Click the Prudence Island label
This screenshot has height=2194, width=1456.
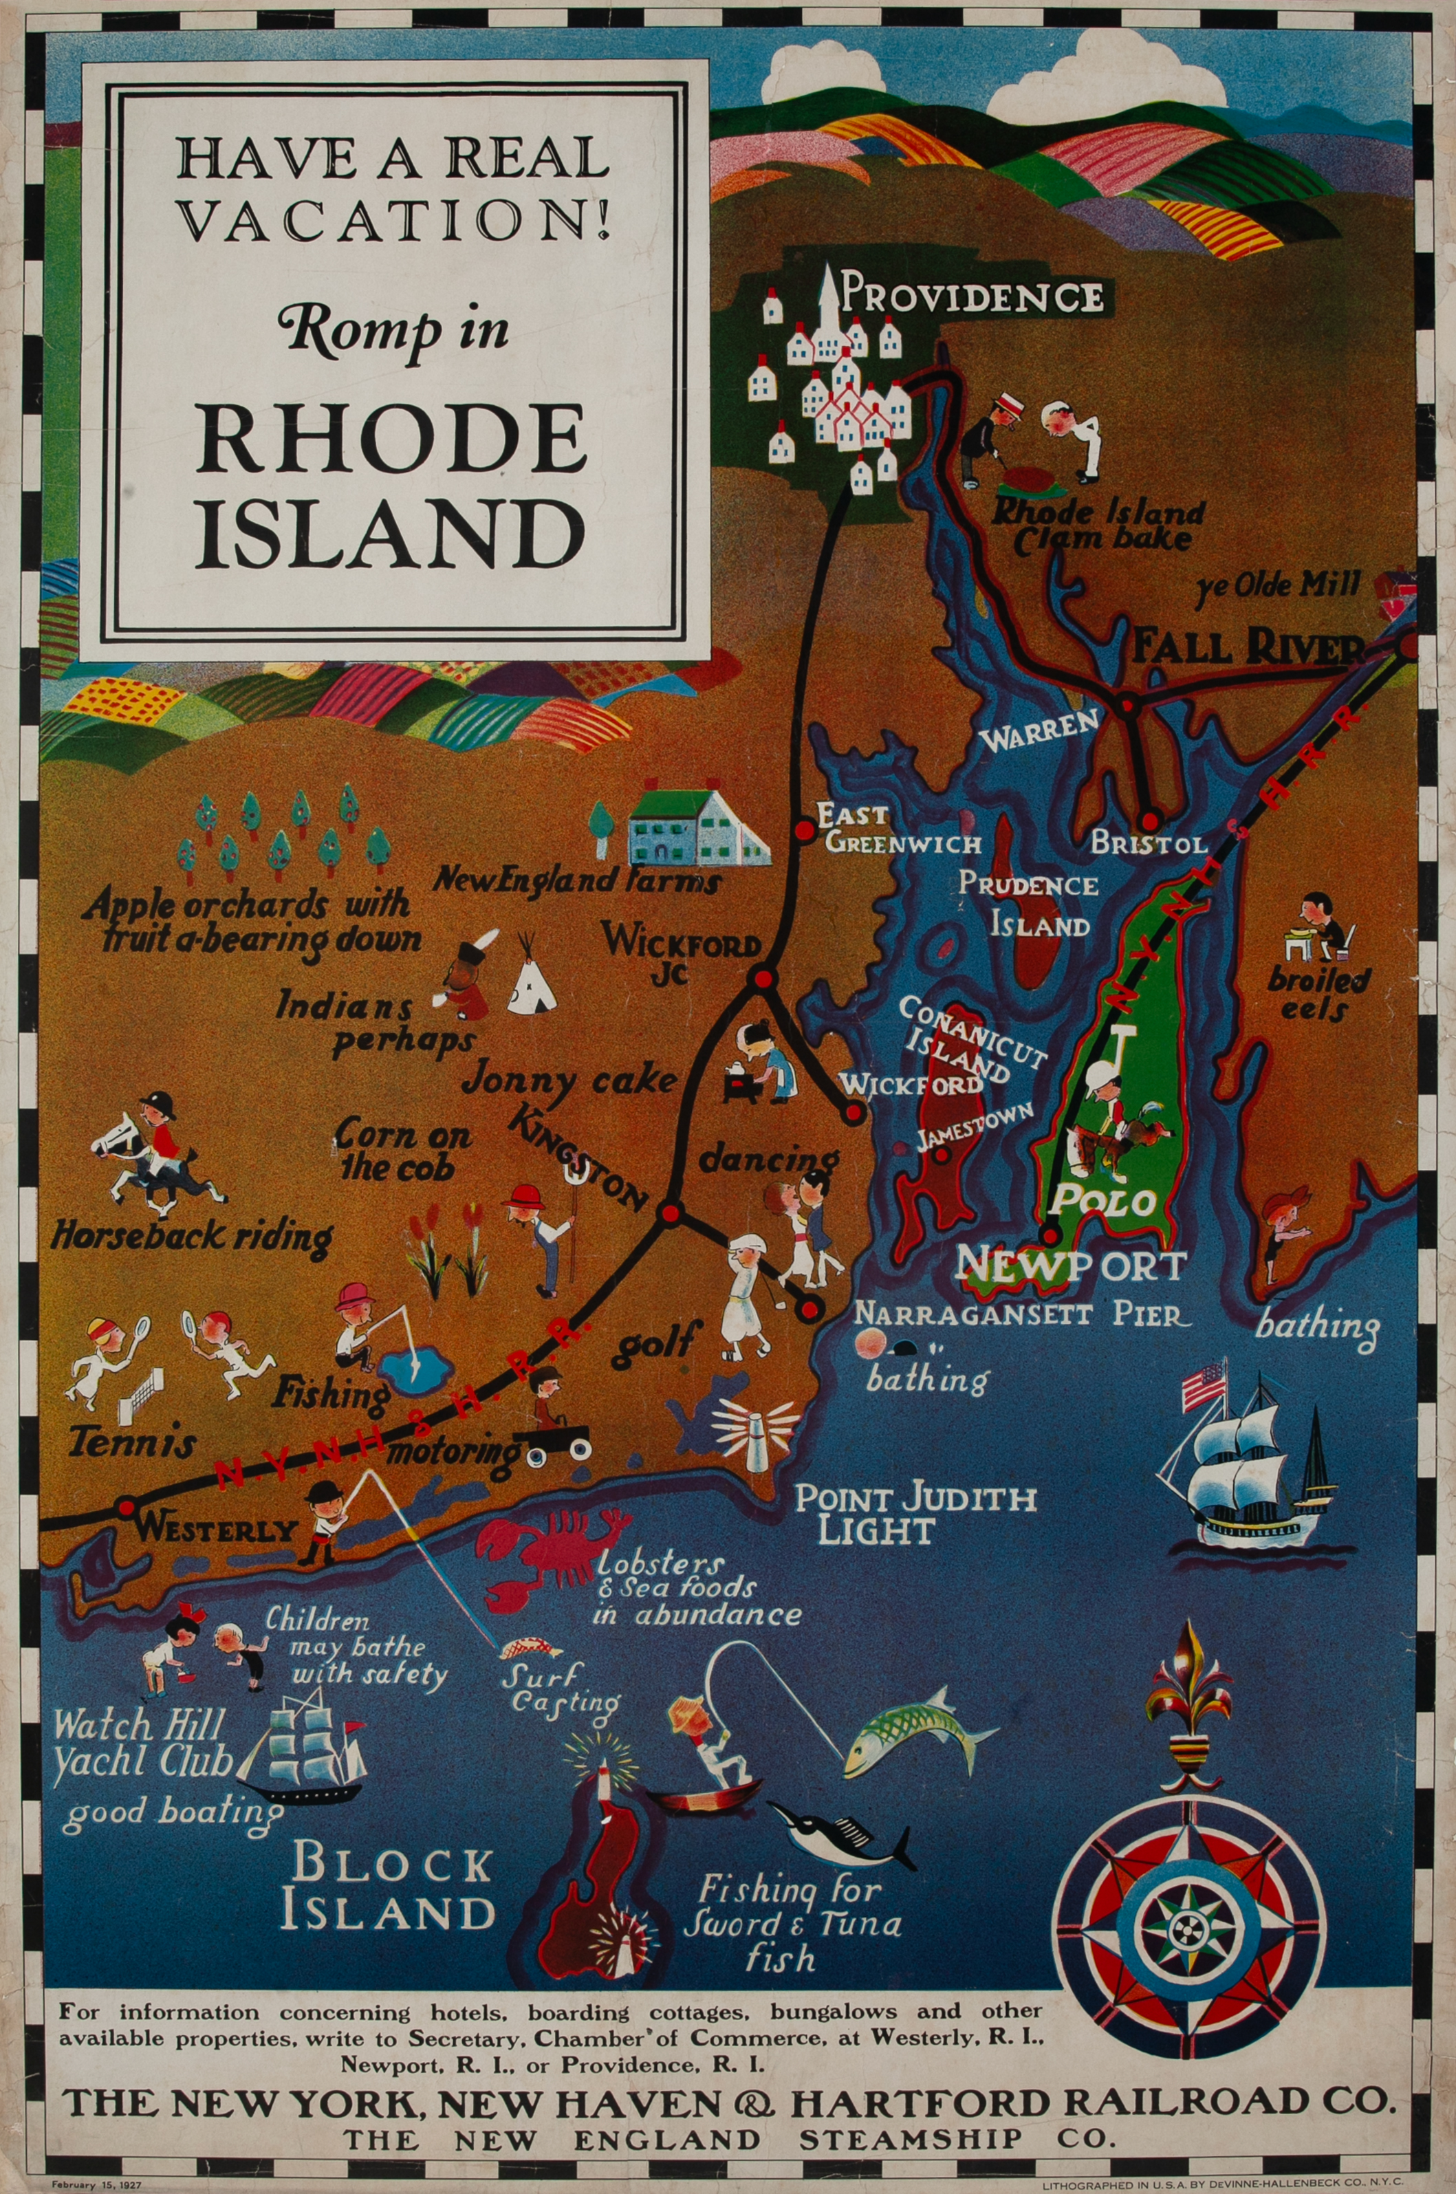(x=1028, y=902)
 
